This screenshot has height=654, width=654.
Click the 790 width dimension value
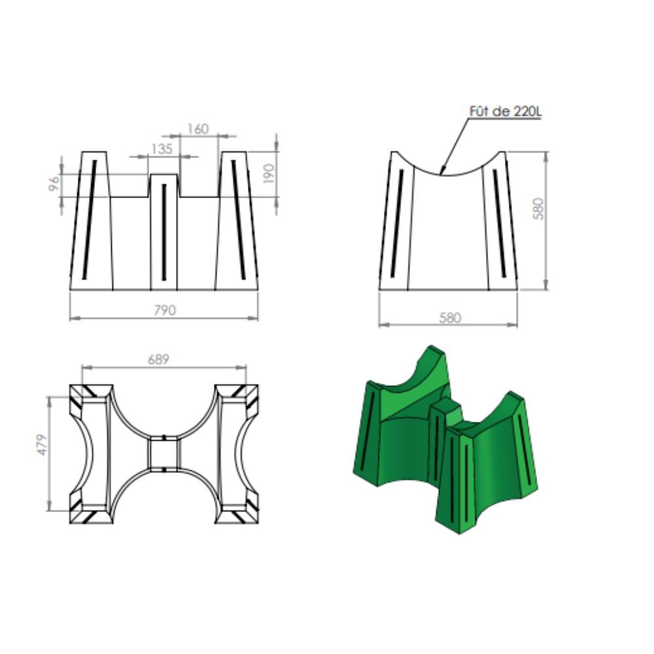pyautogui.click(x=165, y=310)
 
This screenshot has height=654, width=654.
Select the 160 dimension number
pyautogui.click(x=198, y=129)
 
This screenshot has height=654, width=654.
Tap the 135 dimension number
pyautogui.click(x=162, y=149)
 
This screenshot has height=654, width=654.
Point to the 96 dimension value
pyautogui.click(x=54, y=184)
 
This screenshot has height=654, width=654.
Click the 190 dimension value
pyautogui.click(x=269, y=173)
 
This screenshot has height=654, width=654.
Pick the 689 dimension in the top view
pyautogui.click(x=158, y=359)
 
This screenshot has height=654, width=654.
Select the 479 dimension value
pyautogui.click(x=42, y=445)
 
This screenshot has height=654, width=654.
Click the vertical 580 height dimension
pyautogui.click(x=538, y=209)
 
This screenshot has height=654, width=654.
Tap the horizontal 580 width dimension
pyautogui.click(x=450, y=318)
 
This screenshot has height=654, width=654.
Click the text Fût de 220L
pyautogui.click(x=506, y=111)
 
